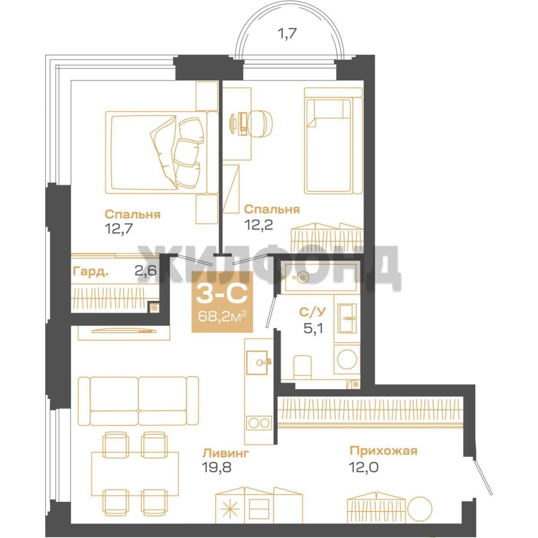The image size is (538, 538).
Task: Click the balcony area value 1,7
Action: [286, 34]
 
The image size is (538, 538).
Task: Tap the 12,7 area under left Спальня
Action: [119, 228]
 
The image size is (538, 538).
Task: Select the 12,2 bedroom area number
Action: [259, 224]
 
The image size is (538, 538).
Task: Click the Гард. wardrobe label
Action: [91, 272]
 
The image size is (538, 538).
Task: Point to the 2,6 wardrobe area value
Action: [145, 270]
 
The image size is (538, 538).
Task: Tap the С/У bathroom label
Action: [312, 312]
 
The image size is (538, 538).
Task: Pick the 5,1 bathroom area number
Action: [313, 328]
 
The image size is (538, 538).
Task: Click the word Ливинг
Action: [226, 453]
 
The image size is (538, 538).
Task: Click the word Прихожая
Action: [383, 450]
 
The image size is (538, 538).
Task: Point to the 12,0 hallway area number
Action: [364, 467]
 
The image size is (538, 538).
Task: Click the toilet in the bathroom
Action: [302, 367]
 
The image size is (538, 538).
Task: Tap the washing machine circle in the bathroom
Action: [347, 359]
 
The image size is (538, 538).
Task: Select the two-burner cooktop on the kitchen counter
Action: [259, 423]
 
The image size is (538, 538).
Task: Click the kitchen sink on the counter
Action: [257, 362]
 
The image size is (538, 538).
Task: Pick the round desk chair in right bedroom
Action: [260, 123]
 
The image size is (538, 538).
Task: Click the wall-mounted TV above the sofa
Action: [124, 331]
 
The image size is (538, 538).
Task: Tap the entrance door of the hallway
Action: [483, 477]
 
